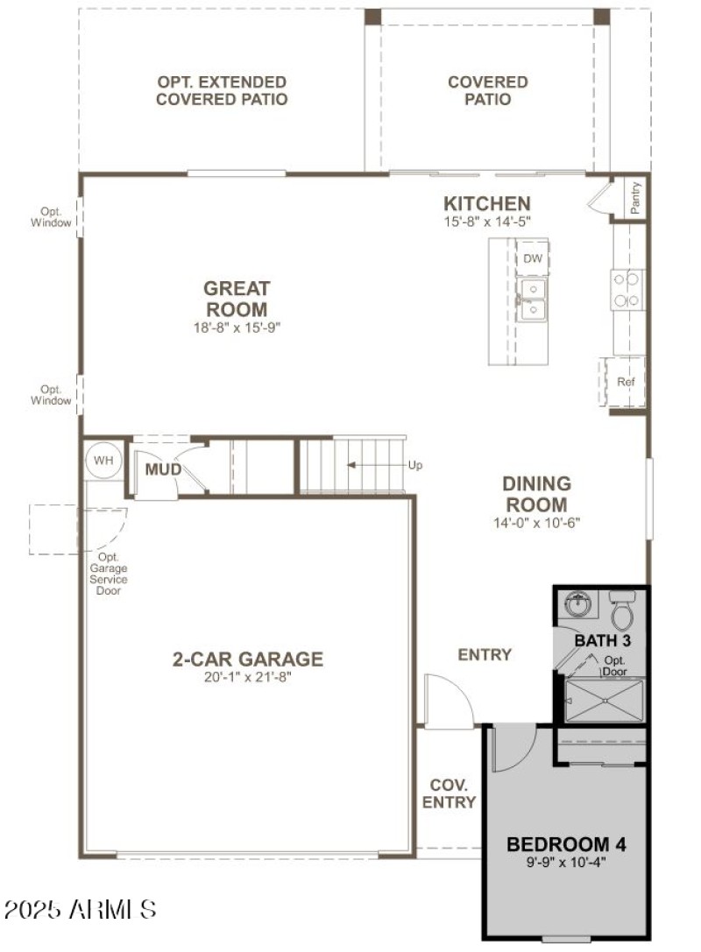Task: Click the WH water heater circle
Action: (x=103, y=460)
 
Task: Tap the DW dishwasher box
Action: (x=532, y=259)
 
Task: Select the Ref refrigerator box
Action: (x=625, y=382)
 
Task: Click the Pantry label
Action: (x=635, y=198)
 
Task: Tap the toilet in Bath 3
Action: (x=621, y=610)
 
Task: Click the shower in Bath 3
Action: (x=605, y=701)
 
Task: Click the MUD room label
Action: (x=163, y=470)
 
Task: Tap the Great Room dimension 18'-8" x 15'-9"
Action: (x=236, y=327)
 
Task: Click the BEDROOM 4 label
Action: (x=567, y=845)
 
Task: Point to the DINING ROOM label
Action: (x=536, y=494)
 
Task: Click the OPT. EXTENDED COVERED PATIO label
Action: (x=222, y=90)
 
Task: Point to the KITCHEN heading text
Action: (x=486, y=204)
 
